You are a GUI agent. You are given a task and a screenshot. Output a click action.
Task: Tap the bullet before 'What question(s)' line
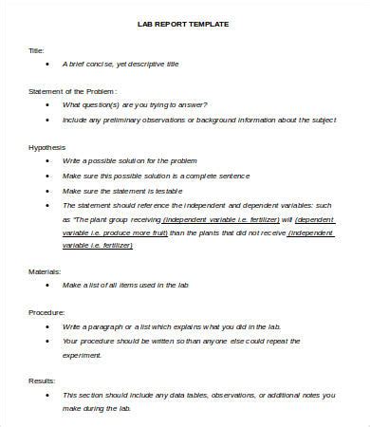point(48,104)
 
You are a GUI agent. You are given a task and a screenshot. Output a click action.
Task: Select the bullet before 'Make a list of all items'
point(48,285)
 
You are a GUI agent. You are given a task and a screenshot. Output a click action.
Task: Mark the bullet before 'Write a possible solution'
point(48,161)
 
